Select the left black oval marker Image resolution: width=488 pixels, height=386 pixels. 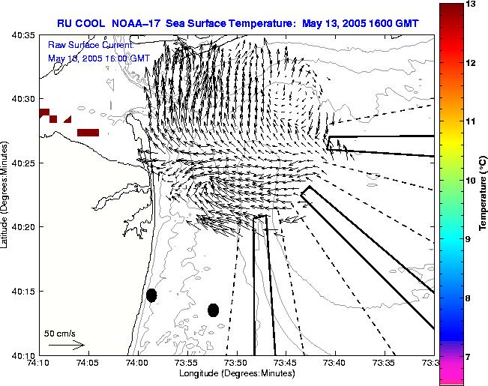click(x=151, y=295)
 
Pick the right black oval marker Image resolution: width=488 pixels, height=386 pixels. click(x=213, y=310)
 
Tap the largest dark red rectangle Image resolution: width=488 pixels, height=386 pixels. click(x=88, y=133)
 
